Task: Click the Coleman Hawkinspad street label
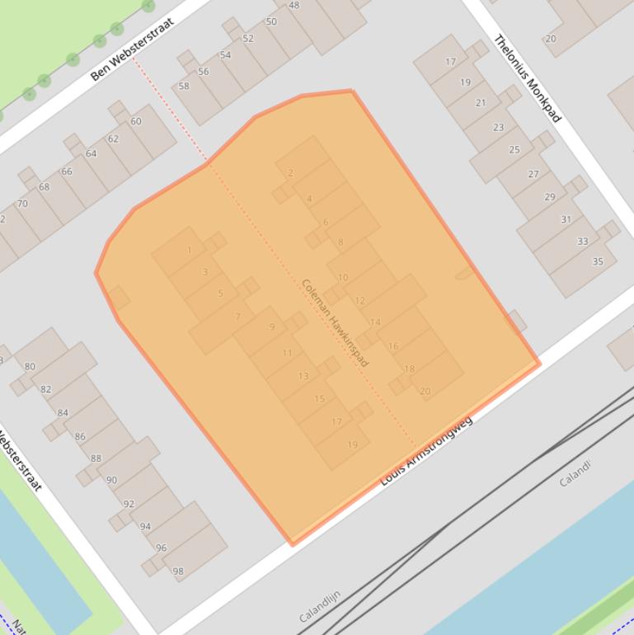(x=335, y=322)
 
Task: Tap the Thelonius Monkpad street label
(x=528, y=78)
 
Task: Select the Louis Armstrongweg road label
(x=426, y=451)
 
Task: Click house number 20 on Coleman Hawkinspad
(x=425, y=391)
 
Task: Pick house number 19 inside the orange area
(x=352, y=444)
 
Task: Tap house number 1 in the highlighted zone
(x=190, y=251)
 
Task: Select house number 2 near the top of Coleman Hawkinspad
(x=290, y=173)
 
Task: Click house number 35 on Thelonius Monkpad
(x=598, y=261)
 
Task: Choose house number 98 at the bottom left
(x=178, y=571)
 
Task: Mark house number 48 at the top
(x=294, y=5)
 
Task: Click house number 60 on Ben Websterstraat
(x=136, y=121)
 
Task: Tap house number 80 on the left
(x=31, y=366)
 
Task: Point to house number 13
(x=303, y=376)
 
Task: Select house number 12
(x=359, y=301)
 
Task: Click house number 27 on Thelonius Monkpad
(x=533, y=174)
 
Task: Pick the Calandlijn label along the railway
(x=320, y=606)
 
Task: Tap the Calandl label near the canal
(x=575, y=473)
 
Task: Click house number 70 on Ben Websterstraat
(x=22, y=204)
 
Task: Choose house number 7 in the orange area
(x=237, y=317)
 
